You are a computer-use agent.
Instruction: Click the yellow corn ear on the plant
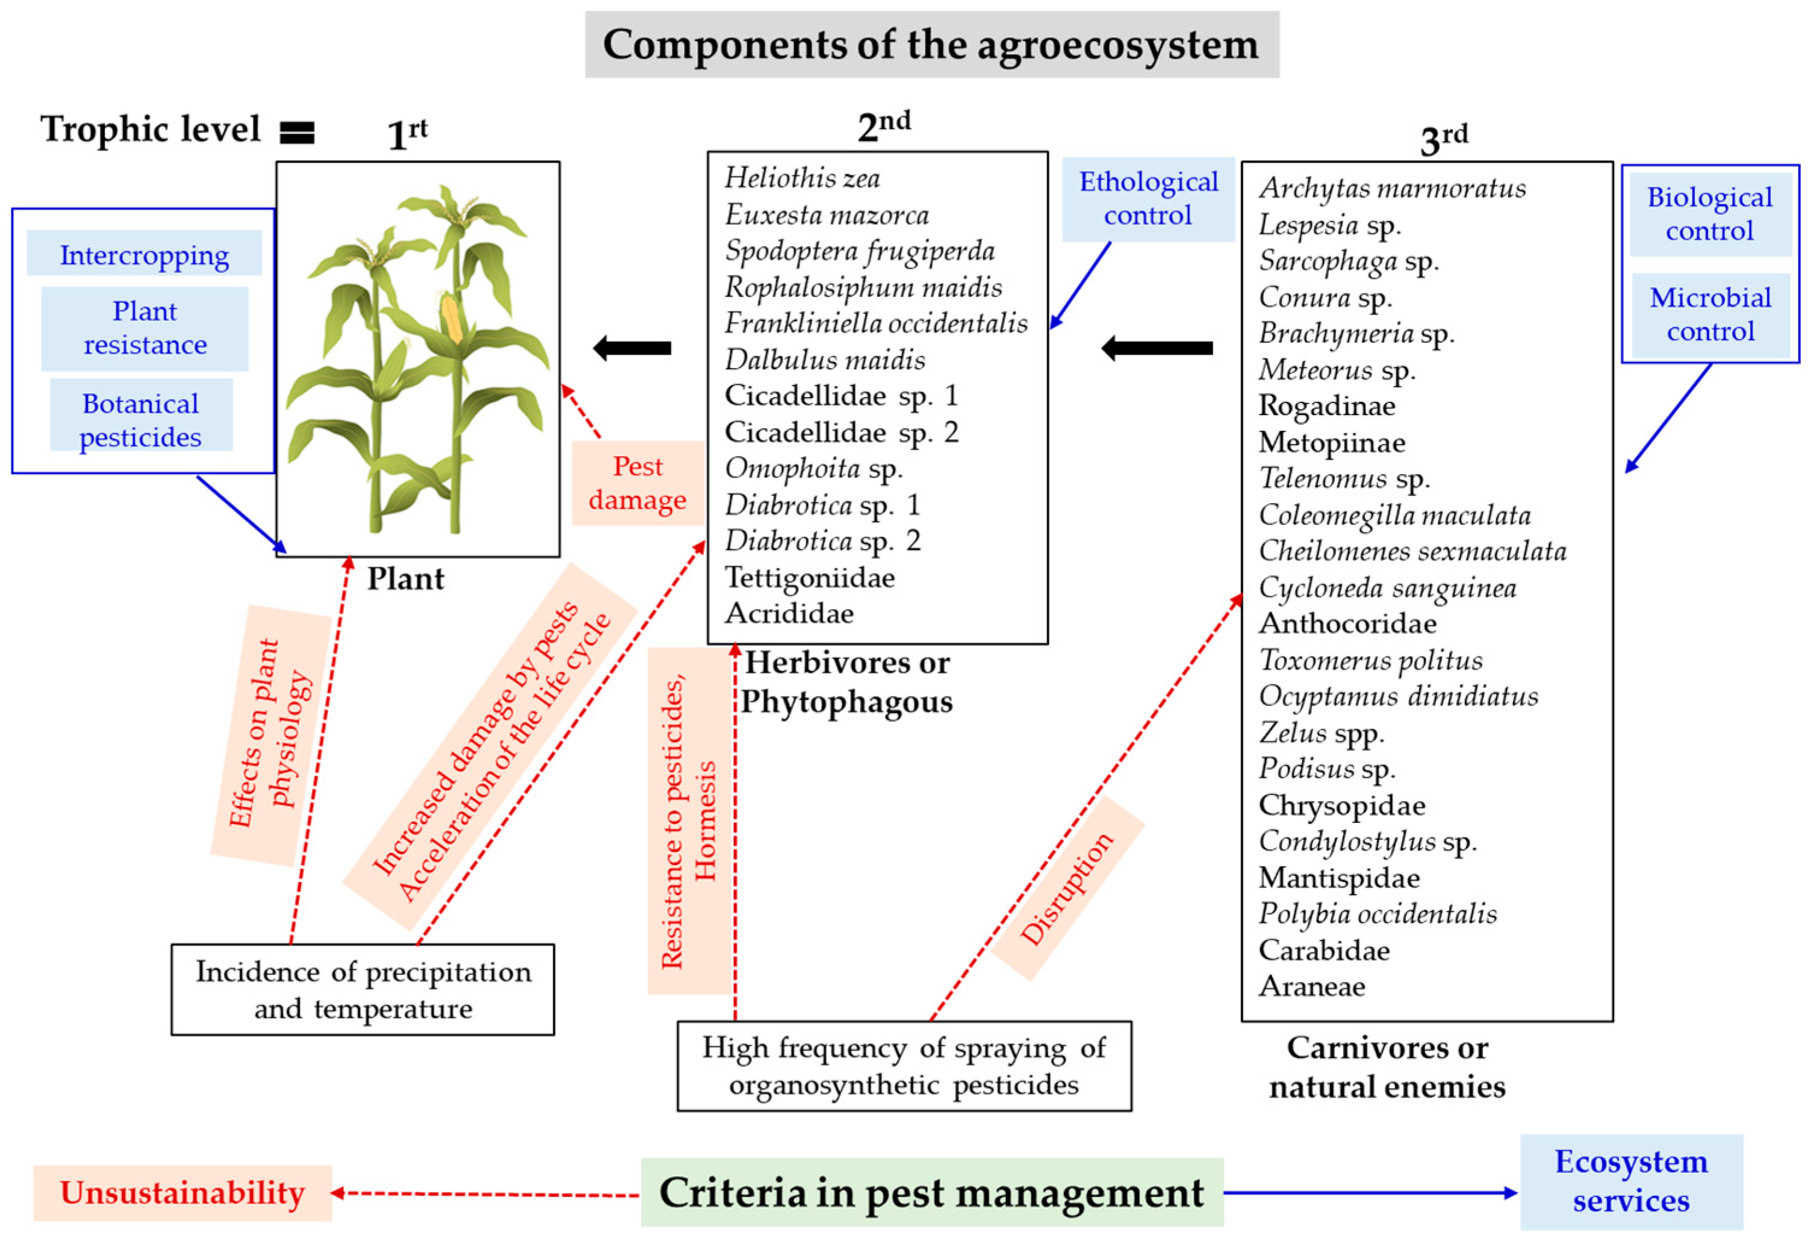point(452,318)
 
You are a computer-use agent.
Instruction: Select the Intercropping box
point(144,255)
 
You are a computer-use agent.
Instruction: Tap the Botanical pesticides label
point(141,419)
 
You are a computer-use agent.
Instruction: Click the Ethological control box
point(1148,198)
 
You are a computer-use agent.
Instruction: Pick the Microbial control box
point(1710,314)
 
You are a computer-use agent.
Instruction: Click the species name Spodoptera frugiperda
point(859,251)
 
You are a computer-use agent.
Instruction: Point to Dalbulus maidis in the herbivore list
point(825,360)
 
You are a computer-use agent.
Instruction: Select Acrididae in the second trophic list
point(789,613)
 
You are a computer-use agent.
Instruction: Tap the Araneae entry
point(1312,986)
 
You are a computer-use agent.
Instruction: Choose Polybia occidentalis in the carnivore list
point(1378,913)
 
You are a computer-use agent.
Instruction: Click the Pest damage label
point(637,483)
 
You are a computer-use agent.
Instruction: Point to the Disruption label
point(1067,889)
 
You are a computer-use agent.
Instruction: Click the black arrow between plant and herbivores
point(633,348)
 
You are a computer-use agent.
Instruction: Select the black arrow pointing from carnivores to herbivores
point(1157,348)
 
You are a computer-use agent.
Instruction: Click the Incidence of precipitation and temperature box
point(363,990)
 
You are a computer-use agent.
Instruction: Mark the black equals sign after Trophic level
point(297,133)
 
